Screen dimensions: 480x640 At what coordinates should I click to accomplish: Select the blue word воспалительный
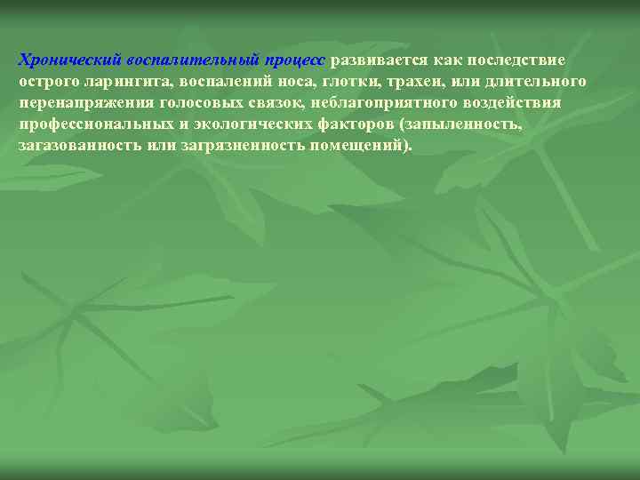(x=194, y=60)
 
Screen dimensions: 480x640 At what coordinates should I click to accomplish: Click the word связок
(x=276, y=103)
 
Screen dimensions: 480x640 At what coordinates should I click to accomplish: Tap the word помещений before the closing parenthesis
(x=361, y=145)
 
